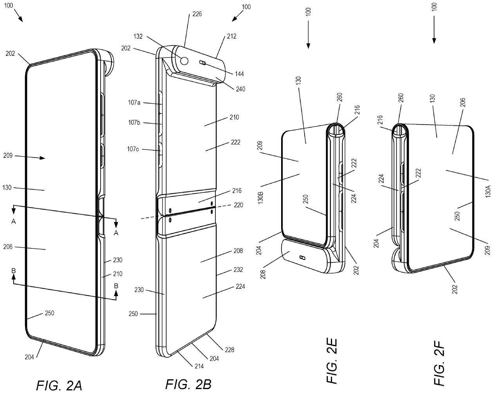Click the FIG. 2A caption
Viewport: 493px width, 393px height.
(59, 385)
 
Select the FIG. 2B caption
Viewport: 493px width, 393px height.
(188, 384)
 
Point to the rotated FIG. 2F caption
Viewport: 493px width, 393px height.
(440, 362)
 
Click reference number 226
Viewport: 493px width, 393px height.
(197, 14)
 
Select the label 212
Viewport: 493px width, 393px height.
(231, 36)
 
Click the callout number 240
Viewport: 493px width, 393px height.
(240, 89)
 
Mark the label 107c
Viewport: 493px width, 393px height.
(133, 149)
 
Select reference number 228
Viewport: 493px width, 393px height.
(229, 350)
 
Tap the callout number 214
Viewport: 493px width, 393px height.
(199, 366)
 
